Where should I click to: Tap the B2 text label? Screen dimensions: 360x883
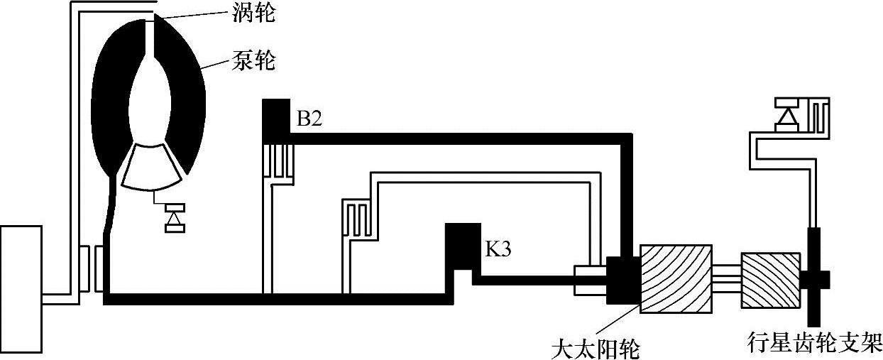309,119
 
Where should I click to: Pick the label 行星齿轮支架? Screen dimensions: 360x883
815,339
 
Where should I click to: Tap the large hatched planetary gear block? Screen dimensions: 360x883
676,278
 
